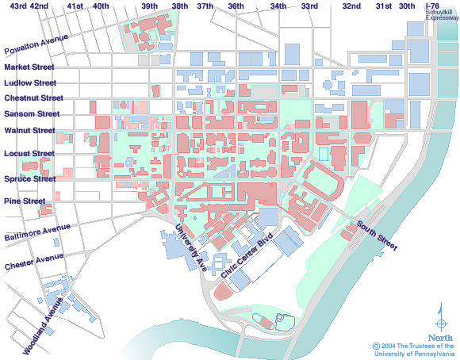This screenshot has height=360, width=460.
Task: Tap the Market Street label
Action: point(28,68)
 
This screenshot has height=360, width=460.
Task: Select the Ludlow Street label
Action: point(29,82)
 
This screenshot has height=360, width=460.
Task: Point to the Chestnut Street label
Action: point(33,98)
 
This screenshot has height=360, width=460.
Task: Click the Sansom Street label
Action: point(30,115)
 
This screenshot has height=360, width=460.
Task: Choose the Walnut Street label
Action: point(29,130)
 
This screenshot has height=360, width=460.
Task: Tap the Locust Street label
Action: point(29,153)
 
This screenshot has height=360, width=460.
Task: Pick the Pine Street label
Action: point(23,201)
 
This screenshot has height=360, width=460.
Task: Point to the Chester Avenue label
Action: point(34,261)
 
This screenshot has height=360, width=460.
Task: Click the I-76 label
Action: point(432,6)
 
